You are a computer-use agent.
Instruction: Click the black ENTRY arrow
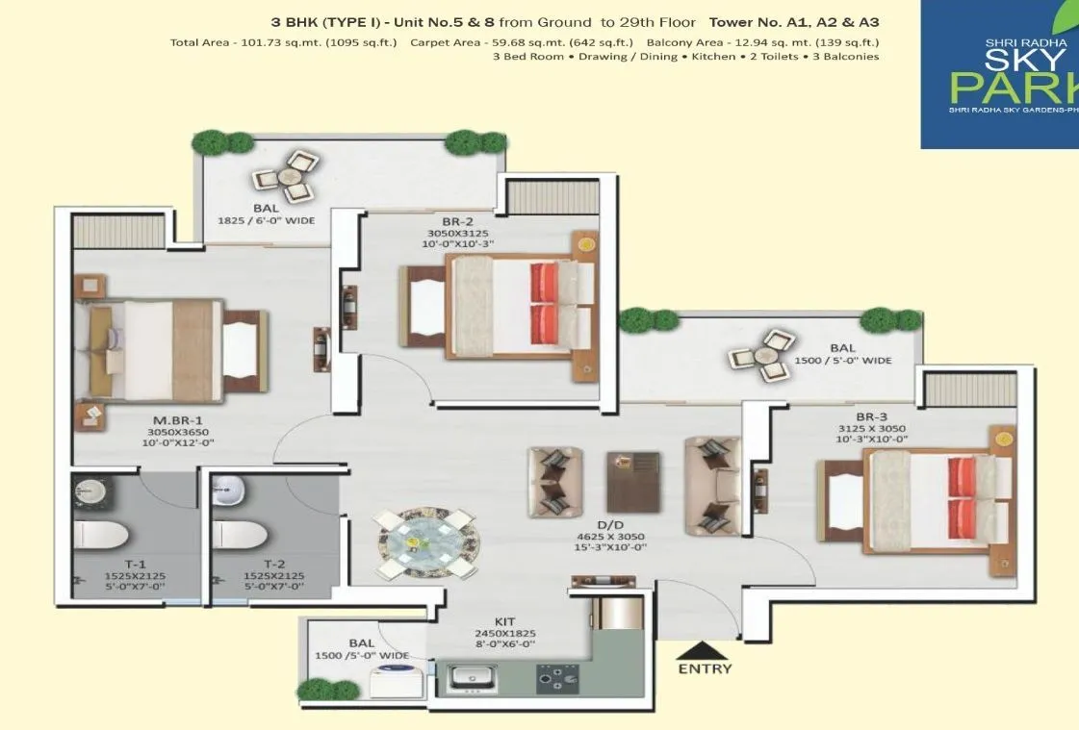tap(704, 651)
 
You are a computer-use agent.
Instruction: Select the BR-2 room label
tap(444, 220)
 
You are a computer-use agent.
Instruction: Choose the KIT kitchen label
tap(503, 621)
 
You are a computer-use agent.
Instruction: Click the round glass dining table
tap(426, 543)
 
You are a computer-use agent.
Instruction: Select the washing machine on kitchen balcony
tap(394, 675)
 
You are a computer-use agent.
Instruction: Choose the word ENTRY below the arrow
tap(705, 668)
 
